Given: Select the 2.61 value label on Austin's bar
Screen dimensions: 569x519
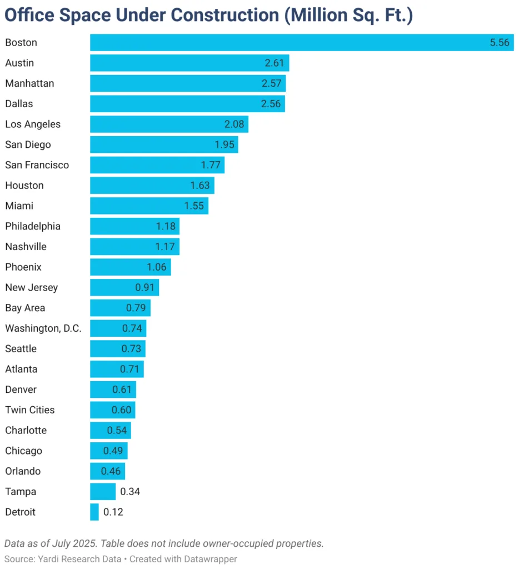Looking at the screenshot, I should (275, 63).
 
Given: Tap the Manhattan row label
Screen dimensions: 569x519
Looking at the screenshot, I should (29, 83).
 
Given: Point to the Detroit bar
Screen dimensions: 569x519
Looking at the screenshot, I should (94, 512).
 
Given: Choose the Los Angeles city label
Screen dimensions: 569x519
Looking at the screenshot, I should (33, 124).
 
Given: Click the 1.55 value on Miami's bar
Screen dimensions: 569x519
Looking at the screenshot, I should (194, 206).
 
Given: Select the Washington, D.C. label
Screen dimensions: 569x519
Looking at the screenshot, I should (43, 328).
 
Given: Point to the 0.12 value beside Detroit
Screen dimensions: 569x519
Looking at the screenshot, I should (113, 512).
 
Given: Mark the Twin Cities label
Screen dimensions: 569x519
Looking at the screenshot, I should (30, 410).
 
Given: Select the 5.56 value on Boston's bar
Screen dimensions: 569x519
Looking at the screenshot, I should (499, 42).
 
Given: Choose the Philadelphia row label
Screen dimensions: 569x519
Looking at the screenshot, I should (33, 226).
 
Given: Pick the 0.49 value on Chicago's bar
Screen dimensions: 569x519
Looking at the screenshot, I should (113, 451).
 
